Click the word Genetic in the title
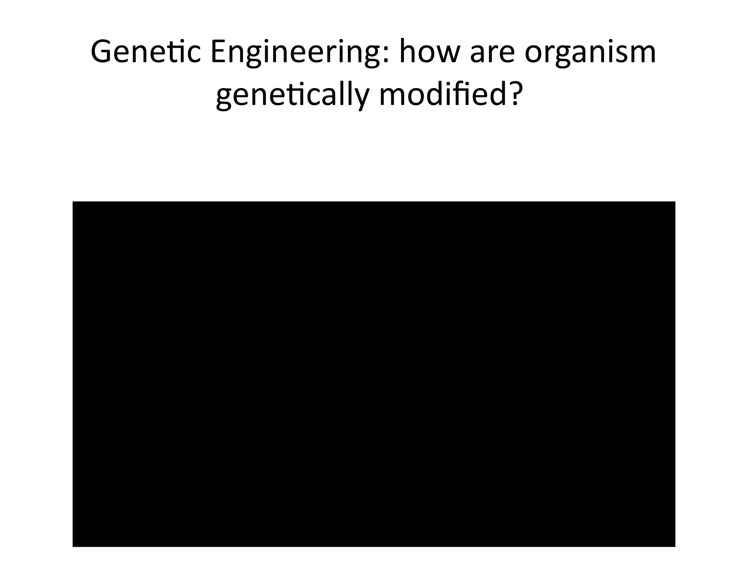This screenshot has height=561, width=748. click(x=145, y=52)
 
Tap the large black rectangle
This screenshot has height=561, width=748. click(x=374, y=374)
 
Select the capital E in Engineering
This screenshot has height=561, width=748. click(x=218, y=52)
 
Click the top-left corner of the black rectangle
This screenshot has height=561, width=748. click(x=73, y=202)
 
